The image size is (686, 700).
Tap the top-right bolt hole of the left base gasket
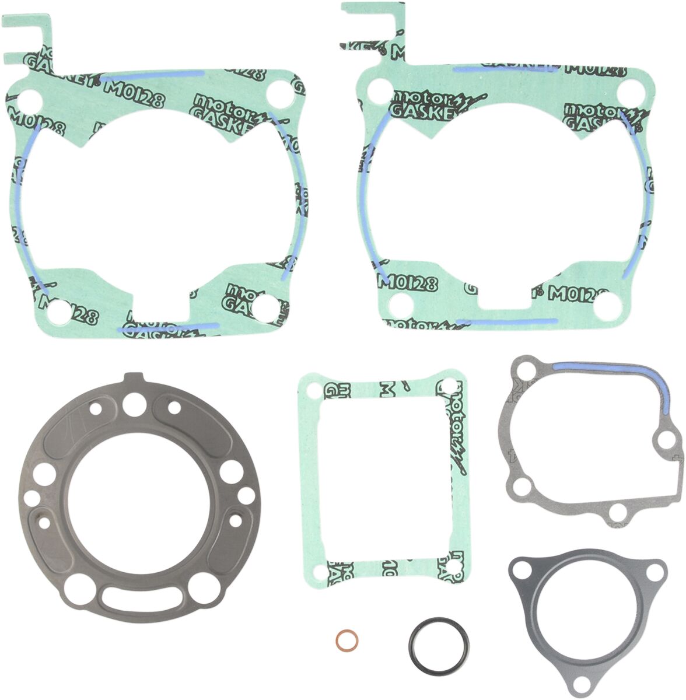[279, 93]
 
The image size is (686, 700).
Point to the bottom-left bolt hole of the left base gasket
[58, 314]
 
